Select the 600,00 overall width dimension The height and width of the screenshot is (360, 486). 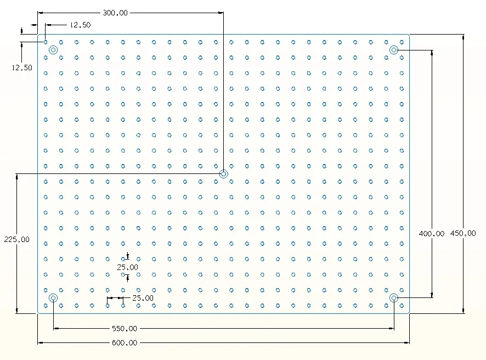[x=125, y=343]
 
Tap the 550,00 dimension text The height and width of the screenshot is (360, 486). [x=125, y=329]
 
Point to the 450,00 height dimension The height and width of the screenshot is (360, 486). [x=463, y=233]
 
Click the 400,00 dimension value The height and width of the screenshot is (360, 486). [x=432, y=233]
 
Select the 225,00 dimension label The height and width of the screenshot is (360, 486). [x=16, y=239]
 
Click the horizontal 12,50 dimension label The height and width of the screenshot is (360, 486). [x=80, y=25]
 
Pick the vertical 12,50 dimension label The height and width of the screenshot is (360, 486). [x=22, y=67]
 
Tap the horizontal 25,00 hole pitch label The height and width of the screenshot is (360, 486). [x=143, y=298]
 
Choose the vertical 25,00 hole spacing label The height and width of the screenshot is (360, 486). [x=128, y=267]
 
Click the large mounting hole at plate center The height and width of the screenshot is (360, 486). [x=224, y=174]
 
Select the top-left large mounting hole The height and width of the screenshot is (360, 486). [x=53, y=50]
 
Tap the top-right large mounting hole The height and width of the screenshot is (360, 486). [x=394, y=50]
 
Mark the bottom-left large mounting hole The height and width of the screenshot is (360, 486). [x=53, y=297]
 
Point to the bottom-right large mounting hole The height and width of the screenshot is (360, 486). [x=394, y=297]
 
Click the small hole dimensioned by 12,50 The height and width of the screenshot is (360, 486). [x=46, y=42]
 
